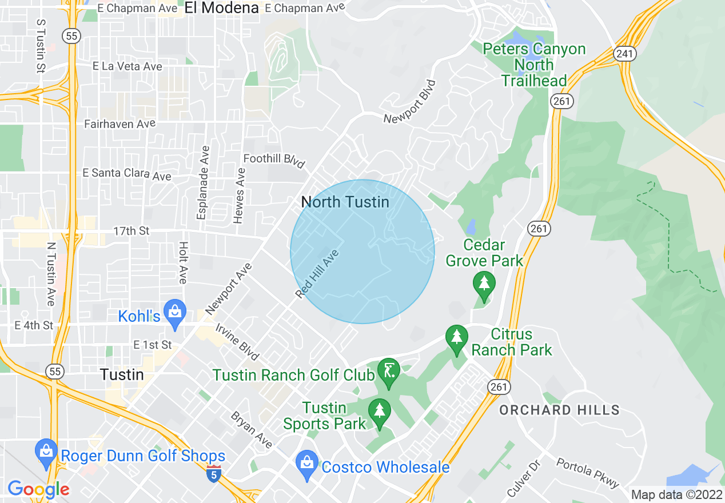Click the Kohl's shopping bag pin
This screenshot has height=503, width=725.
[175, 312]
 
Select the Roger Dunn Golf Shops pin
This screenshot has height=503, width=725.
[46, 452]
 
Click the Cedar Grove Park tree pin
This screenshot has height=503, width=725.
[484, 285]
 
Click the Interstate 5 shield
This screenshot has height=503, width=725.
[213, 473]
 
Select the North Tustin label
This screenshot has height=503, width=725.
[345, 202]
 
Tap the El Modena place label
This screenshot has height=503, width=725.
[222, 7]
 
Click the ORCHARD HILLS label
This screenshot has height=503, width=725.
[559, 410]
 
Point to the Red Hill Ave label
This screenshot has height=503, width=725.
[318, 274]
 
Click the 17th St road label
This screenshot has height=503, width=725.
[132, 231]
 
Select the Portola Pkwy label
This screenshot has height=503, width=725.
[587, 473]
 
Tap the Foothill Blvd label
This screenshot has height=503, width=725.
[274, 161]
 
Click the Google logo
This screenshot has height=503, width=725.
[38, 489]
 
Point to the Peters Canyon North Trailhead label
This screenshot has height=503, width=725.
[534, 65]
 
